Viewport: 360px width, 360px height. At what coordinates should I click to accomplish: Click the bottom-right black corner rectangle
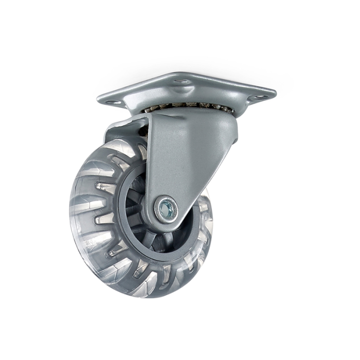click(346, 329)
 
